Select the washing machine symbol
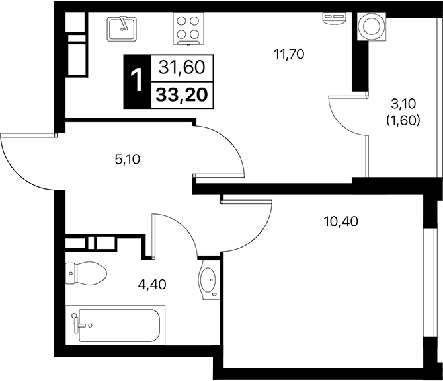pyautogui.click(x=368, y=27)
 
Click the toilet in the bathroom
pyautogui.click(x=87, y=271)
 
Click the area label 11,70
pyautogui.click(x=288, y=55)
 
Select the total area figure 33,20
pyautogui.click(x=181, y=94)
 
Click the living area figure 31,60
pyautogui.click(x=181, y=67)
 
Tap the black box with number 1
pyautogui.click(x=138, y=81)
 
